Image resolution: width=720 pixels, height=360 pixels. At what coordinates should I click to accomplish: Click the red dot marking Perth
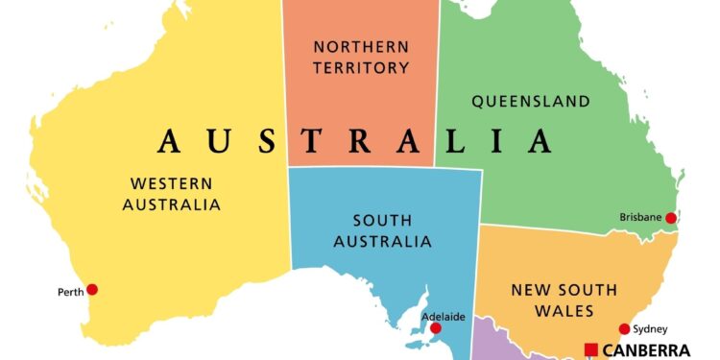92,289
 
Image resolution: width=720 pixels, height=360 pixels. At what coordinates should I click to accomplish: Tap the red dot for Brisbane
671,219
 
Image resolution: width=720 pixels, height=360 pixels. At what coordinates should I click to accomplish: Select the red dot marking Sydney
625,329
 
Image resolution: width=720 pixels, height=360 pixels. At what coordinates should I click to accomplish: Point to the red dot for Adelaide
436,328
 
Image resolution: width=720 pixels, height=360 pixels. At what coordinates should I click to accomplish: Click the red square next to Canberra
591,349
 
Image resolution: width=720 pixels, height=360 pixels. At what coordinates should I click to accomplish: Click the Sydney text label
650,329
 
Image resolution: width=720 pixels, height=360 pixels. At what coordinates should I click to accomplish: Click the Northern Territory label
361,57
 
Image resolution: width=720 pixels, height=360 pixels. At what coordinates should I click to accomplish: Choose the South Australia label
381,230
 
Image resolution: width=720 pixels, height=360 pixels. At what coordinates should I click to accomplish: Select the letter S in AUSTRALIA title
272,142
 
